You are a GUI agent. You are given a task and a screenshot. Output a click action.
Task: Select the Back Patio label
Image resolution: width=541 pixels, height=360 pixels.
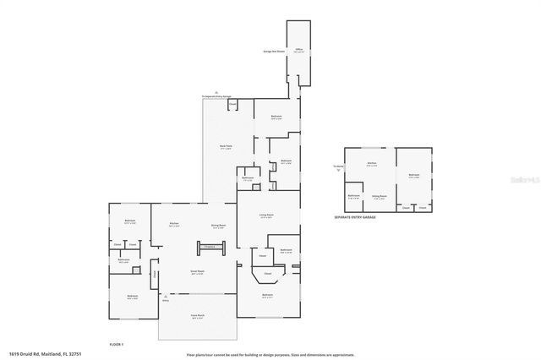226,147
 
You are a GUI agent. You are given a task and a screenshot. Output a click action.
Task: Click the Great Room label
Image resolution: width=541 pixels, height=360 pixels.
196,272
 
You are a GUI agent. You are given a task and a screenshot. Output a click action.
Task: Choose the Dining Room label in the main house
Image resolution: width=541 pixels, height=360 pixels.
217,226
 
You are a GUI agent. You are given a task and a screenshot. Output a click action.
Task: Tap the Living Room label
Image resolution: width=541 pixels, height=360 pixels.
266,215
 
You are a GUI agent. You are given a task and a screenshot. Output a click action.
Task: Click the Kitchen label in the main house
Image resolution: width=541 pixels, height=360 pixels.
172,225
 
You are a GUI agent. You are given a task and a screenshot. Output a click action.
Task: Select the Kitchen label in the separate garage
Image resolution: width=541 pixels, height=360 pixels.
371,165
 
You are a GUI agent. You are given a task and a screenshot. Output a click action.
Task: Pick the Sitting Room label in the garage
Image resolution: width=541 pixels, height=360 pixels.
380,195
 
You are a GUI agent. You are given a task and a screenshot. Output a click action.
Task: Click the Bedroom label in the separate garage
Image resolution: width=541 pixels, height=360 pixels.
414,176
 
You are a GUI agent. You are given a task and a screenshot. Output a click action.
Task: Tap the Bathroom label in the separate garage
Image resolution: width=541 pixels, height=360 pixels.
354,196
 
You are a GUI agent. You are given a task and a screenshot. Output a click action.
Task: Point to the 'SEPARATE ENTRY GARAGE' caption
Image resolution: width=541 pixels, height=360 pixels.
356,217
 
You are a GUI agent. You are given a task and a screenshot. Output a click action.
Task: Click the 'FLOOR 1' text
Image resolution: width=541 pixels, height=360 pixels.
117,345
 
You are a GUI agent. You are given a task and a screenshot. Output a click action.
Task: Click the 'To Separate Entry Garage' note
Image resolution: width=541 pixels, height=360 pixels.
216,97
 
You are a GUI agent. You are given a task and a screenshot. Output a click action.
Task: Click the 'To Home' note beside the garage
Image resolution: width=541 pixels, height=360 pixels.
338,166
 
